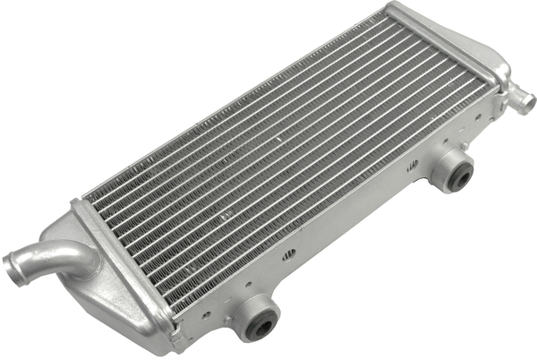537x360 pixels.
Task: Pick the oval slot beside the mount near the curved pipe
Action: click(288, 255)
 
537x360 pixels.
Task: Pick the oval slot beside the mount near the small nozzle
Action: click(413, 165)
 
